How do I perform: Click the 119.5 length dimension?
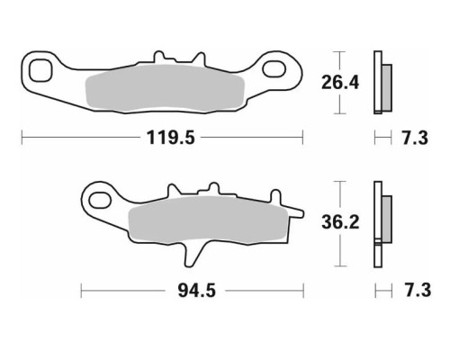pyautogui.click(x=171, y=138)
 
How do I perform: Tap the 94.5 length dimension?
pyautogui.click(x=197, y=291)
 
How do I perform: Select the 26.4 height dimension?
pyautogui.click(x=340, y=83)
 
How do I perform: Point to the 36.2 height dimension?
pyautogui.click(x=340, y=222)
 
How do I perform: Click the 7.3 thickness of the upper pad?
pyautogui.click(x=415, y=138)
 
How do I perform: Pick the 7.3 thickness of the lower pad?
pyautogui.click(x=418, y=290)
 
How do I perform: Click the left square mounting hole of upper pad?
pyautogui.click(x=40, y=70)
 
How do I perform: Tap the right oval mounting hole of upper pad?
pyautogui.click(x=274, y=68)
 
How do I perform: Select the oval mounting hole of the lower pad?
pyautogui.click(x=100, y=200)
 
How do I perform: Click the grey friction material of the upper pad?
pyautogui.click(x=165, y=88)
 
